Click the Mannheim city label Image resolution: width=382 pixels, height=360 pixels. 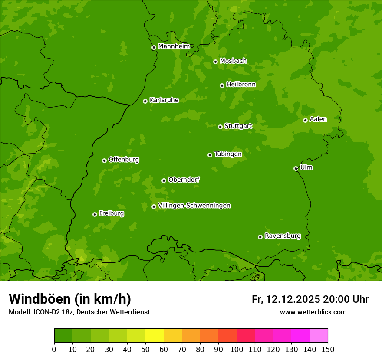point(174,46)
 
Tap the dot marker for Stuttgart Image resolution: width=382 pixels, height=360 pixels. point(220,127)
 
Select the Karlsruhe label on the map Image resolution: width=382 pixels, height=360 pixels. point(164,100)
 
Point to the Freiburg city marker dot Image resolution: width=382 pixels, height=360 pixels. point(95,214)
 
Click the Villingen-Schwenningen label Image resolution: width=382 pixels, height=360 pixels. point(194,206)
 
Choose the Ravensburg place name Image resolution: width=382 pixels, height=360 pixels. point(282,236)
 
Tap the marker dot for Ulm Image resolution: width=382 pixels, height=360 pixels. point(296,168)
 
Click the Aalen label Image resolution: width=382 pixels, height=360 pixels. point(318,119)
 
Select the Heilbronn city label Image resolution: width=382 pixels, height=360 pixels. point(241,85)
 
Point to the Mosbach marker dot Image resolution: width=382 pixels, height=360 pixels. point(215,62)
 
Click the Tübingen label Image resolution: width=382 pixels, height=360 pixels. point(227,154)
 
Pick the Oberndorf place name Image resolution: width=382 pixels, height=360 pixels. point(184,180)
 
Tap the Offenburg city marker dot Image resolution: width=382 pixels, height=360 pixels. point(104,160)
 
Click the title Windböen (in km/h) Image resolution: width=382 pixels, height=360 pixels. point(69,299)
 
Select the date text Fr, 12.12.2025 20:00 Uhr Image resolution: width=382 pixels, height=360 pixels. point(310,299)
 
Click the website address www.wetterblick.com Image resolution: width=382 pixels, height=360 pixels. point(313,312)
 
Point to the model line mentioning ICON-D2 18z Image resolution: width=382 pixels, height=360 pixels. point(79,312)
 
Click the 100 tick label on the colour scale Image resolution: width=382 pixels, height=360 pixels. point(237,349)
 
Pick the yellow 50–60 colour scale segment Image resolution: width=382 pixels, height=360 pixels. point(155,336)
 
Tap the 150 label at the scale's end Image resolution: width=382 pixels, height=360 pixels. point(328,349)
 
